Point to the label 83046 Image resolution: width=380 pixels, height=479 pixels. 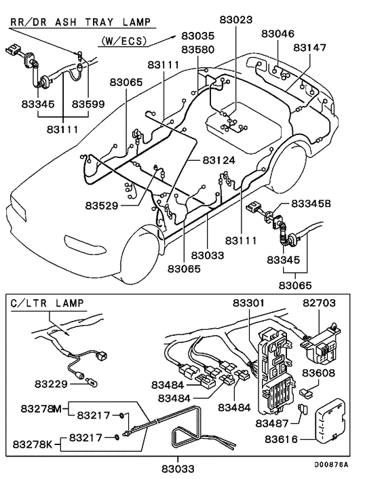[278, 33]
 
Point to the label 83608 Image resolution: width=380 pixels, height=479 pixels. [318, 372]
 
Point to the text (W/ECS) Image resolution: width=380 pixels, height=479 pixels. [123, 41]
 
